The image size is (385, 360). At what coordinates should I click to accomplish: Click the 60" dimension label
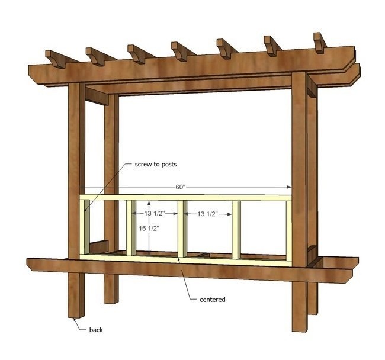coord(181,187)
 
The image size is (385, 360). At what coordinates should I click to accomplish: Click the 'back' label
coord(97,329)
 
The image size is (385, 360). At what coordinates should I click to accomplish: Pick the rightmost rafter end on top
coord(320,41)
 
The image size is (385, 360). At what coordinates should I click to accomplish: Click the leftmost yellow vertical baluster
coord(86,228)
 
